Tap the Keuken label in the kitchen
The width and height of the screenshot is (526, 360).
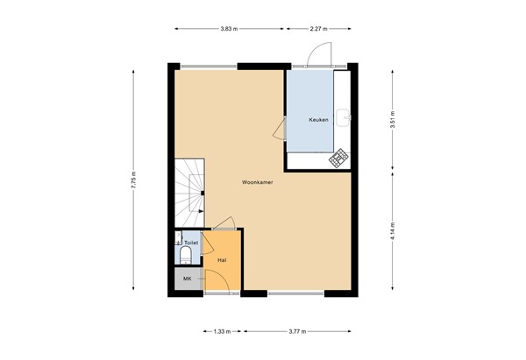tap(318, 119)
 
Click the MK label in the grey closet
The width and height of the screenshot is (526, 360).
tap(186, 279)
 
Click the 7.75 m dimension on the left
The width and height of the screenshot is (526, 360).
tap(133, 182)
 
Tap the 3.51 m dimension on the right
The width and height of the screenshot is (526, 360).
tap(392, 116)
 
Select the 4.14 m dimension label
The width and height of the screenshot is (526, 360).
tap(392, 230)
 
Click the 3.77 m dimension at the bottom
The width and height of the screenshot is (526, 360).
tap(300, 332)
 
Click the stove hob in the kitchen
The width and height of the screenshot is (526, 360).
tap(338, 159)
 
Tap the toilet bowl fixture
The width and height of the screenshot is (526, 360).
tap(185, 256)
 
